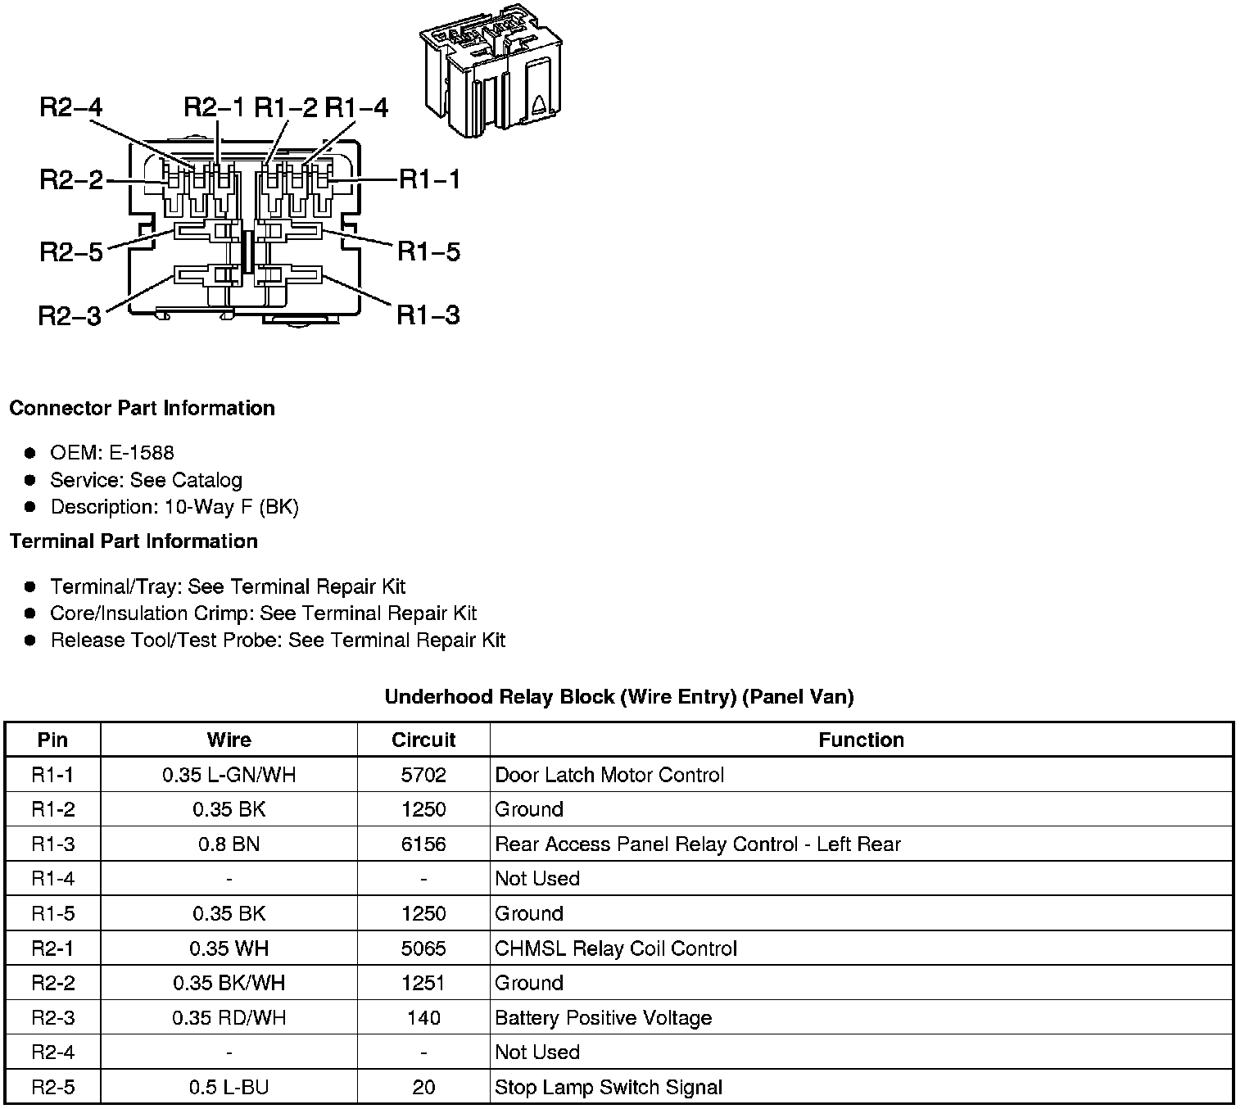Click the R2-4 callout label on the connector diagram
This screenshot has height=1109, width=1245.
coord(71,108)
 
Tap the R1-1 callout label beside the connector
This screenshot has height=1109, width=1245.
coord(429,179)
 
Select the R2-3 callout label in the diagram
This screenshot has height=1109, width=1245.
coord(70,315)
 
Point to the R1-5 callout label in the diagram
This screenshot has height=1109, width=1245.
coord(428,251)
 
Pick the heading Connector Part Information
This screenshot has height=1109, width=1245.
coord(143,408)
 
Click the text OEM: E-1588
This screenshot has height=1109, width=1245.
coord(112,453)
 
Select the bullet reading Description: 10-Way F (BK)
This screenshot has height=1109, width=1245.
coord(174,507)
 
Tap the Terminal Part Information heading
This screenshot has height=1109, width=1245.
coord(134,541)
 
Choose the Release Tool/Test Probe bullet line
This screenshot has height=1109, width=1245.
coord(278,641)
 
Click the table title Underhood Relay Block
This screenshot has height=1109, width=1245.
coord(619,697)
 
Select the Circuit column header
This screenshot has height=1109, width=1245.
coord(423,740)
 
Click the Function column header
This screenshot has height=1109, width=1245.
coord(861,740)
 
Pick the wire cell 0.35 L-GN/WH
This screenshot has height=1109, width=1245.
coord(229,775)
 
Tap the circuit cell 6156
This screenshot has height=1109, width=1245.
coord(423,844)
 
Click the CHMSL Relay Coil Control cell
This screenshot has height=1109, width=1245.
coord(616,948)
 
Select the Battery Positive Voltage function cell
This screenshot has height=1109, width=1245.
coord(604,1018)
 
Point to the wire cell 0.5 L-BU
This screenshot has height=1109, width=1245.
coord(229,1088)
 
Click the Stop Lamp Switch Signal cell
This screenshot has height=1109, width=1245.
coord(609,1088)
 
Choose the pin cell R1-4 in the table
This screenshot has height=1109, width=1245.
coord(53,879)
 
